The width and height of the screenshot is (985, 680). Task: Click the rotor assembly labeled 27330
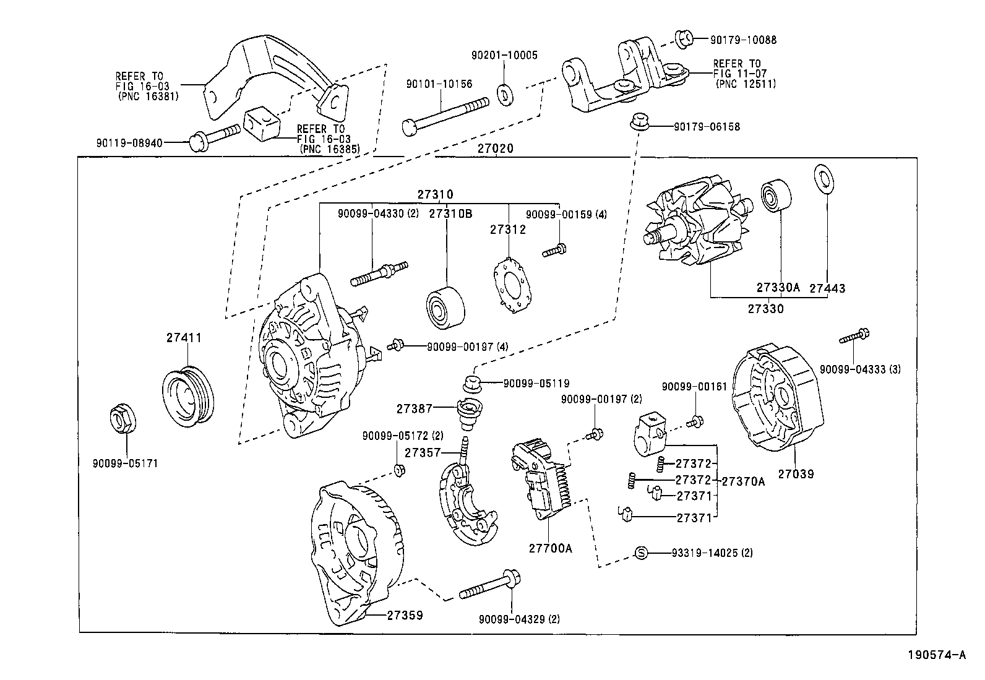tap(696, 221)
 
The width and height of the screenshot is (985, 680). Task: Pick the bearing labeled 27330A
tap(776, 195)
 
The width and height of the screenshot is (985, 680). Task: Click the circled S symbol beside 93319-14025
tap(642, 553)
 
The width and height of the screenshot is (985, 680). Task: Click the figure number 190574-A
tap(936, 655)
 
